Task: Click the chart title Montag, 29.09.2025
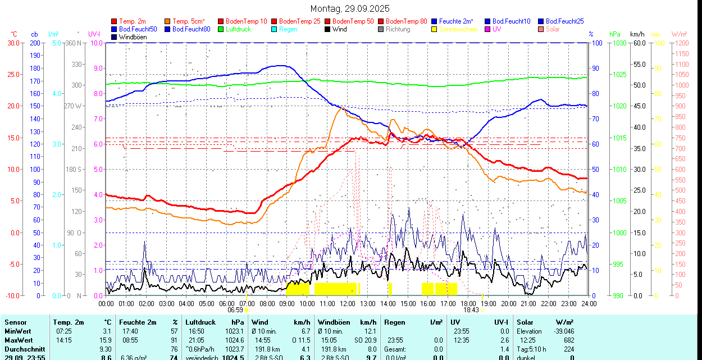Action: (350, 9)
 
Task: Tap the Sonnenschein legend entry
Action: (458, 29)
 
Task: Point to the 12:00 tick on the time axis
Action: (348, 303)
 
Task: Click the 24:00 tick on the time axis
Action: (589, 303)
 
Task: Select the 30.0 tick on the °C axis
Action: (13, 43)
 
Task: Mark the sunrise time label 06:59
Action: (235, 310)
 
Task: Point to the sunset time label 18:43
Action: (471, 310)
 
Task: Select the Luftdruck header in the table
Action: (200, 322)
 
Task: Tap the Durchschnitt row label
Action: (25, 349)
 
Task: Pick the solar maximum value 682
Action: (568, 340)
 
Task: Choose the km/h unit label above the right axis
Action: (637, 34)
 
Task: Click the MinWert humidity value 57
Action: (174, 331)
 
